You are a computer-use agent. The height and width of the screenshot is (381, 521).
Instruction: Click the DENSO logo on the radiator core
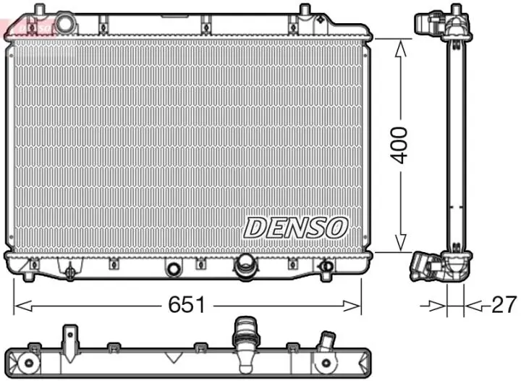tap(295, 227)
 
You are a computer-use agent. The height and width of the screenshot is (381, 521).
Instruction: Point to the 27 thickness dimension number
tap(504, 305)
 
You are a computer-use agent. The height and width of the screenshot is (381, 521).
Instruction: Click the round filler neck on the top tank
tap(65, 23)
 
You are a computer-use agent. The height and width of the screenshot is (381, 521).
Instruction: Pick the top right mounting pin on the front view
tap(305, 10)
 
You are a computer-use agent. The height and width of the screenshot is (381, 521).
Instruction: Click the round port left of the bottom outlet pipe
tap(173, 269)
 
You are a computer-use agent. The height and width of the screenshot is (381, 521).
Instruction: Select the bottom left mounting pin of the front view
tap(28, 277)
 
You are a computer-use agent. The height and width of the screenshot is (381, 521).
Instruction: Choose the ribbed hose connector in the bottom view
tap(241, 337)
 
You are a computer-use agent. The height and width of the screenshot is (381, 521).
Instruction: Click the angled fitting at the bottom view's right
tap(327, 341)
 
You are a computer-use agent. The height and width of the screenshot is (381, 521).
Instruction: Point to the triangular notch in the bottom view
tap(173, 356)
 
